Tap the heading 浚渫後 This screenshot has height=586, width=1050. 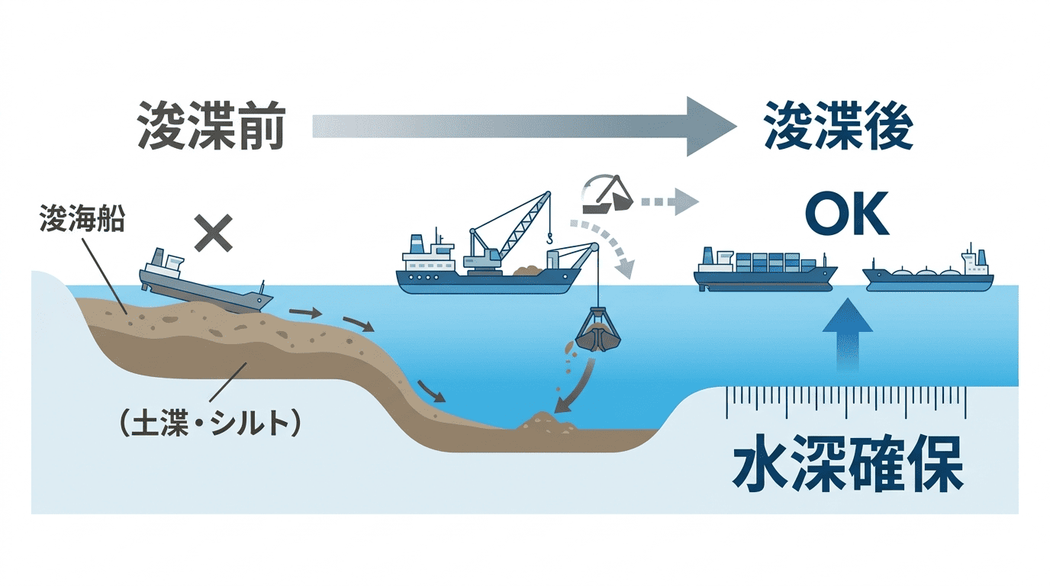[x=838, y=126]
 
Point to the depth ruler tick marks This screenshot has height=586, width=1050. [x=846, y=401]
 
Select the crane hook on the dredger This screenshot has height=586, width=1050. [x=549, y=240]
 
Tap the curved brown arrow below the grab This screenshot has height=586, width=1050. [x=575, y=388]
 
